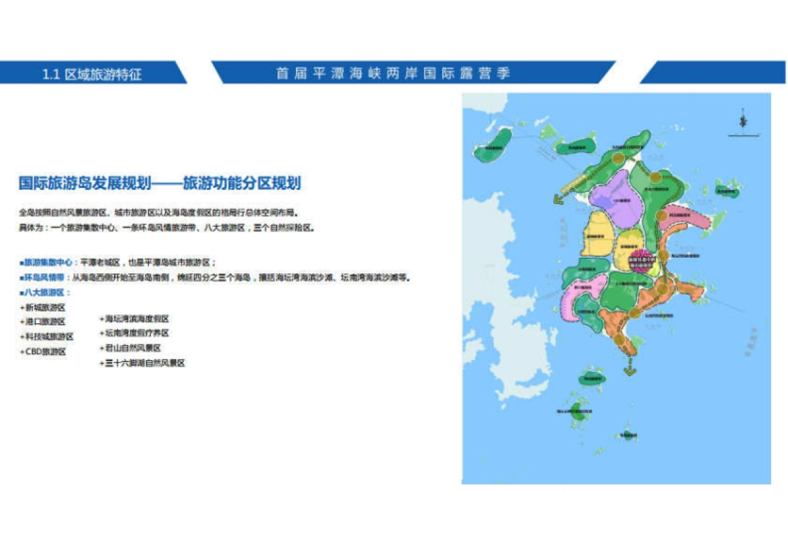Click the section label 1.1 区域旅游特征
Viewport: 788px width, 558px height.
click(x=92, y=74)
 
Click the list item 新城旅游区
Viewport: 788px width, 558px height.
click(x=45, y=307)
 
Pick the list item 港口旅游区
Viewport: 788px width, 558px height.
click(x=45, y=321)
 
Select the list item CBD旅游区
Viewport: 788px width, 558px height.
click(x=45, y=352)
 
